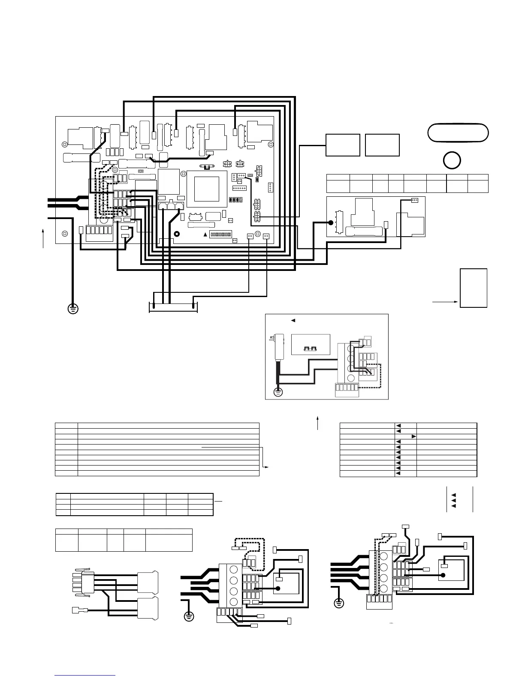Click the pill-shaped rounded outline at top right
[x=458, y=132]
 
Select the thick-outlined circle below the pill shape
[x=452, y=160]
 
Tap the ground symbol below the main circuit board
[x=73, y=308]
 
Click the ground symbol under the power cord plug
[x=278, y=392]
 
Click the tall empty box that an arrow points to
[x=474, y=288]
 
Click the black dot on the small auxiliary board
[x=331, y=223]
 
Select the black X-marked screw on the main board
[x=176, y=234]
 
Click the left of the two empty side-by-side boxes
[x=343, y=145]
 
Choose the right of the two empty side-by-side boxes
[x=382, y=145]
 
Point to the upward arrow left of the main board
[x=43, y=238]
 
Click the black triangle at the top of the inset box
[x=293, y=320]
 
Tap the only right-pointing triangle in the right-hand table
[x=414, y=436]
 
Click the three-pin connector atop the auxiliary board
[x=414, y=200]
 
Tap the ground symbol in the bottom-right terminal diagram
[x=338, y=604]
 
